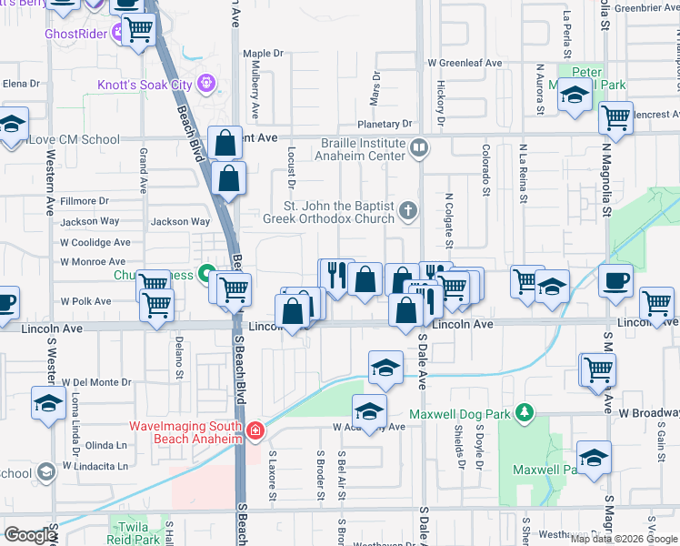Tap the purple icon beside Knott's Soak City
[x=207, y=84]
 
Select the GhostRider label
[x=75, y=34]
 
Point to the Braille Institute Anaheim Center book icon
[x=418, y=147]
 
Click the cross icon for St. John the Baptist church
[x=408, y=212]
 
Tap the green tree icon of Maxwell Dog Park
[x=524, y=414]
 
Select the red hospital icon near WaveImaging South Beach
[x=256, y=430]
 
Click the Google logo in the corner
[x=29, y=535]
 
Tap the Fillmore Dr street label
[x=85, y=200]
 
